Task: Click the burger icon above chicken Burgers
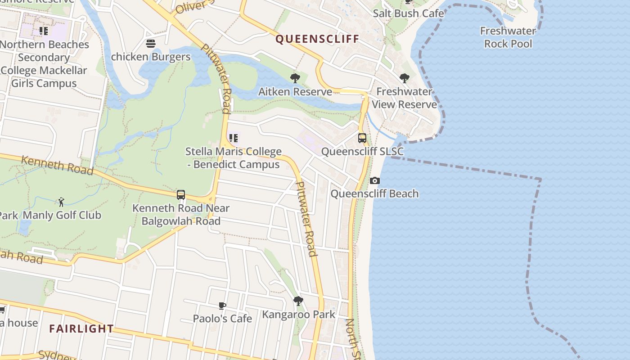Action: (x=151, y=44)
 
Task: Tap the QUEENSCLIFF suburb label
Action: (x=317, y=39)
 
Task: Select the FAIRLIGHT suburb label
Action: (x=81, y=328)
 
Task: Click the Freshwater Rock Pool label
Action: (x=508, y=37)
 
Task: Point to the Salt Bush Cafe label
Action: (x=408, y=13)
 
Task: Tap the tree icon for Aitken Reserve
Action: (x=295, y=79)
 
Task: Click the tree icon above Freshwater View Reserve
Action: (x=405, y=78)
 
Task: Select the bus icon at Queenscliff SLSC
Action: (x=362, y=138)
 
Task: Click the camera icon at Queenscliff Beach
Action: (x=374, y=181)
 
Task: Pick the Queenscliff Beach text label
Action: (x=374, y=194)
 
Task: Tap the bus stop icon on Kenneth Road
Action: (x=181, y=195)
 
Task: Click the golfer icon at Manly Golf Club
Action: (x=61, y=202)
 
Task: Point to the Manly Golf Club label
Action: (x=62, y=215)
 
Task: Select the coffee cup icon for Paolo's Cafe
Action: (x=222, y=306)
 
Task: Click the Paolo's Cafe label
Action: (x=222, y=319)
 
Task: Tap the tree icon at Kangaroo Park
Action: (x=298, y=301)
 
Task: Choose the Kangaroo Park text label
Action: (x=299, y=314)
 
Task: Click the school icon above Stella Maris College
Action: (x=233, y=138)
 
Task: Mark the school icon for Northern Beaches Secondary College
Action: (x=43, y=31)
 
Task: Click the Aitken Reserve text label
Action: (x=295, y=92)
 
